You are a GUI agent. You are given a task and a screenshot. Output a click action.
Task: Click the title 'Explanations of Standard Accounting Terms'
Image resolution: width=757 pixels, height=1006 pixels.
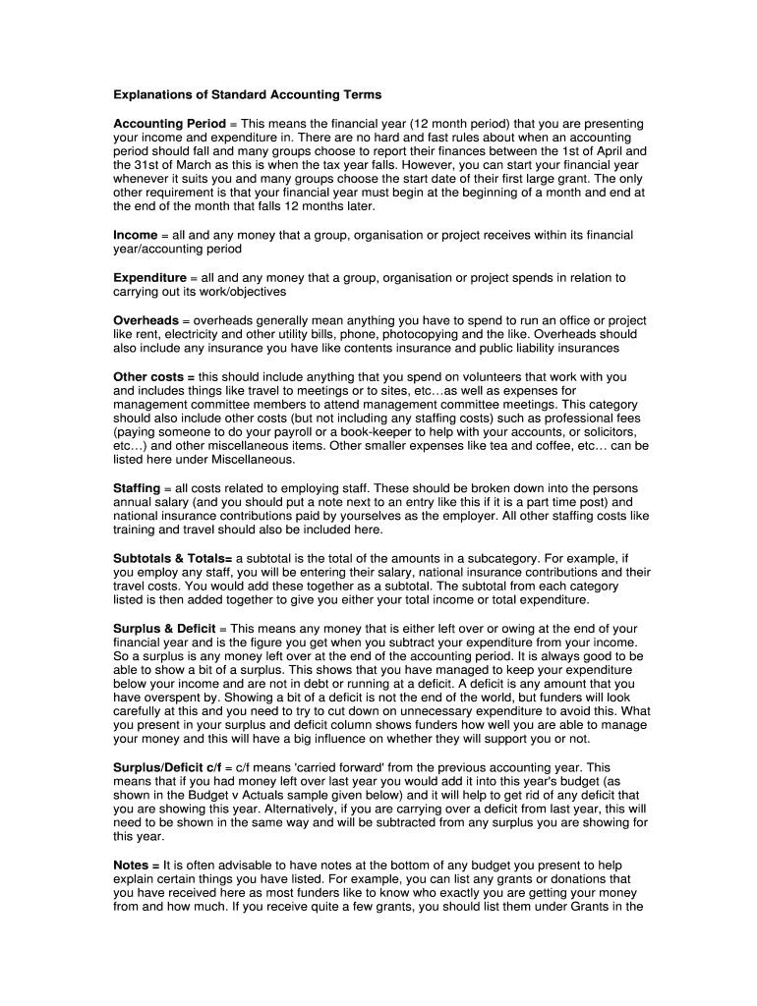[247, 95]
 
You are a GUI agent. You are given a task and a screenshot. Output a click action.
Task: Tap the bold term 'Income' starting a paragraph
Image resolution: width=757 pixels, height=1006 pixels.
[135, 236]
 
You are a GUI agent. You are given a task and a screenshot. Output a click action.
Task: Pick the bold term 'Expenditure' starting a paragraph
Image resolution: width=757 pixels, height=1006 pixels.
[149, 278]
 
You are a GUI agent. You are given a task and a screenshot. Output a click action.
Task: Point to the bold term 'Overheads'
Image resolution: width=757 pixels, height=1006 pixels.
[146, 321]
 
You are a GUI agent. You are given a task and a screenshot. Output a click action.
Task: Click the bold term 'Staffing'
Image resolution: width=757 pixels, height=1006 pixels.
[137, 488]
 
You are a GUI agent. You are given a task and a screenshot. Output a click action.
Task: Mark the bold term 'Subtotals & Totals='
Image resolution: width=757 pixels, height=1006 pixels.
[172, 558]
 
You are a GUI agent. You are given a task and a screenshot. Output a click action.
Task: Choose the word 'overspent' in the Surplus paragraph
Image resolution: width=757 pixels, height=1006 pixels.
[172, 698]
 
